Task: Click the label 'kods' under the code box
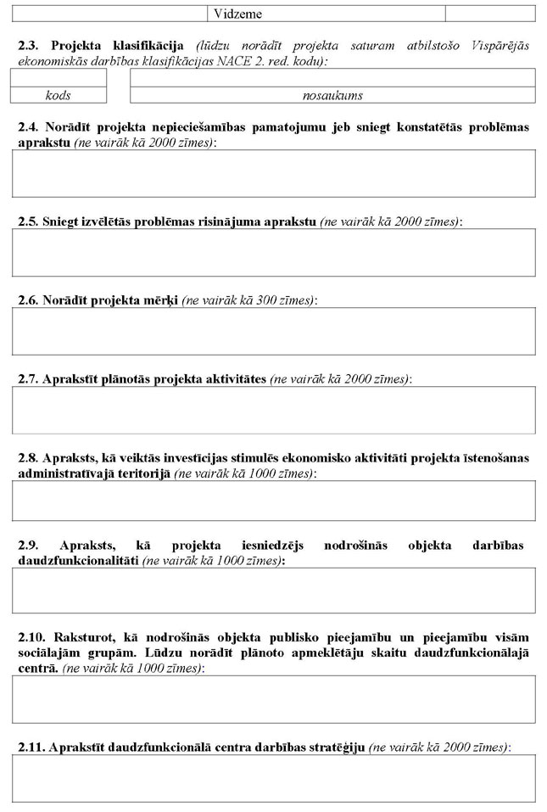tap(59, 96)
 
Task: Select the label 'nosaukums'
tap(332, 96)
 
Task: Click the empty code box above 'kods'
tap(59, 78)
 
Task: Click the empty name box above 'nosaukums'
tap(332, 78)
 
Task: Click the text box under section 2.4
tap(273, 174)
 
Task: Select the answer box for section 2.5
tap(273, 252)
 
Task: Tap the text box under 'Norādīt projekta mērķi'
tap(273, 331)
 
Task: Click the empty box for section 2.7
tap(273, 410)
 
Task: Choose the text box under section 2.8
tap(273, 501)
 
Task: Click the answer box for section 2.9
tap(273, 591)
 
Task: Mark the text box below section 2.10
tap(273, 699)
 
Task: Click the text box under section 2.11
tap(273, 778)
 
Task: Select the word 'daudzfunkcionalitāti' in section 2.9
tap(78, 561)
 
